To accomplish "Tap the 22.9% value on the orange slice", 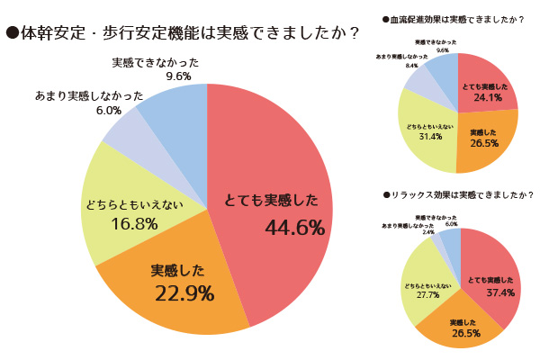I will tap(184, 292).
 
